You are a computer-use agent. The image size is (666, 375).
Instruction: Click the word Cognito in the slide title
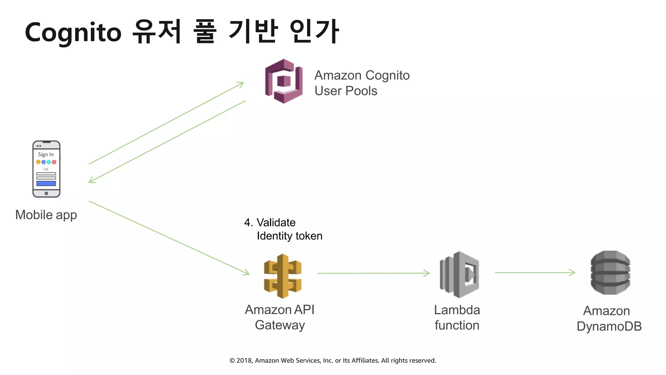[x=73, y=33]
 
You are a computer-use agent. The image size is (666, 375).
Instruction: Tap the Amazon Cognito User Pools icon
[x=284, y=81]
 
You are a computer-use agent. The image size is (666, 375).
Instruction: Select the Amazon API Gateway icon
[x=283, y=276]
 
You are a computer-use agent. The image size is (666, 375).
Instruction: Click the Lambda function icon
[x=459, y=274]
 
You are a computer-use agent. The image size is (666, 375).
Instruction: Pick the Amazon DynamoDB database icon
[x=610, y=272]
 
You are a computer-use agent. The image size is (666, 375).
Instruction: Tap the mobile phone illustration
[x=46, y=169]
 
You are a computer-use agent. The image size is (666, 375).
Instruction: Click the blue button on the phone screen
[x=46, y=184]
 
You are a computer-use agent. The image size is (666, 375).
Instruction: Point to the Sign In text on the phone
[x=46, y=154]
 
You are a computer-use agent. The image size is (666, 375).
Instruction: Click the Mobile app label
[x=46, y=215]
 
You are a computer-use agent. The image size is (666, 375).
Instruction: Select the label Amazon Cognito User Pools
[x=362, y=83]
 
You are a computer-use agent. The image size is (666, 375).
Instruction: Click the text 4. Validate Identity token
[x=283, y=229]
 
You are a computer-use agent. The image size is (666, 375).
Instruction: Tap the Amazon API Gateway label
[x=280, y=317]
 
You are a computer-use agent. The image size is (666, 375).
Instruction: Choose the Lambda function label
[x=457, y=318]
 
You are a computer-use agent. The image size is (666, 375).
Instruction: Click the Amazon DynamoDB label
[x=609, y=319]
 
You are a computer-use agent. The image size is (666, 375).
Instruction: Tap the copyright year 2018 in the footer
[x=244, y=361]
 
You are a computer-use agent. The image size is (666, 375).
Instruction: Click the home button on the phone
[x=46, y=193]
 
